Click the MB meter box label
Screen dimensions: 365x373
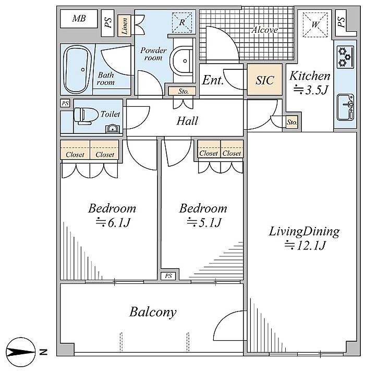pos(79,18)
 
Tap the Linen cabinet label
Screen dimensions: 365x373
pos(124,26)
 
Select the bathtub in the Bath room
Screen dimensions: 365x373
pos(77,69)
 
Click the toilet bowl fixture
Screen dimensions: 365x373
pos(86,116)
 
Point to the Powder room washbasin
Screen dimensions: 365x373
pos(181,60)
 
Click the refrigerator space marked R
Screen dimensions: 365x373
pos(182,22)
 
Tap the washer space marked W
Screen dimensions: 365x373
pos(315,24)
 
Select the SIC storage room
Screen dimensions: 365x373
pos(265,80)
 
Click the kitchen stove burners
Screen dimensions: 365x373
pos(345,57)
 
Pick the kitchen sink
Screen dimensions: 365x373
pos(345,107)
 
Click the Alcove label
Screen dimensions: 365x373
pos(265,30)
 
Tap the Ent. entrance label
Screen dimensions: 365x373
pos(213,80)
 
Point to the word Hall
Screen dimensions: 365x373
pos(187,121)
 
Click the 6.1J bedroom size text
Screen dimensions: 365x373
pos(113,222)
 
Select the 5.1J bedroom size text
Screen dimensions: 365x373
pos(204,222)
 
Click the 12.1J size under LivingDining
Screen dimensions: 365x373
pos(305,245)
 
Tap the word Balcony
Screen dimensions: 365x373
pos(153,312)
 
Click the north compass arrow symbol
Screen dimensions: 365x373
pos(21,352)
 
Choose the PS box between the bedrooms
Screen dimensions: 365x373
pos(168,276)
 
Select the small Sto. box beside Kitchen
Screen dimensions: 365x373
pos(291,122)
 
